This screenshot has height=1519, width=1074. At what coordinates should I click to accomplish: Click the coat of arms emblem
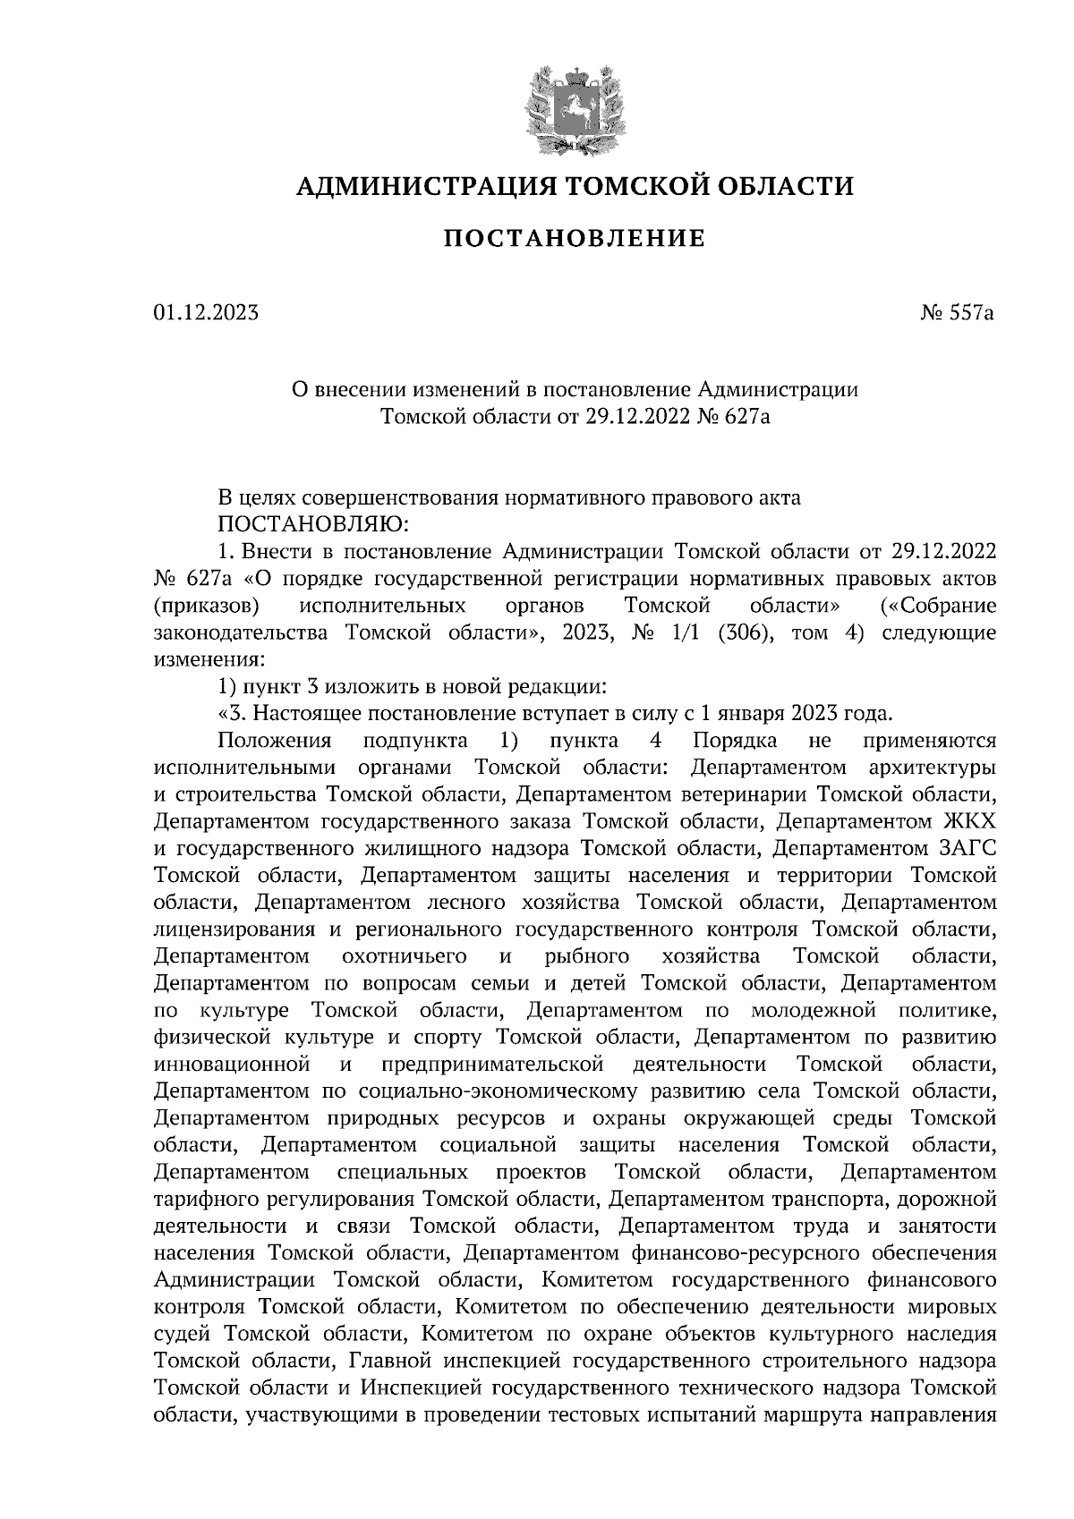tap(573, 105)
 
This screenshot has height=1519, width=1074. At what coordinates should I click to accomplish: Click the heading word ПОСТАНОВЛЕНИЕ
tap(575, 239)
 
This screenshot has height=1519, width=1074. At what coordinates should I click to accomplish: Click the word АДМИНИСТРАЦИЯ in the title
tap(417, 186)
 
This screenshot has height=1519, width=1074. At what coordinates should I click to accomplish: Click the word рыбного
tap(586, 956)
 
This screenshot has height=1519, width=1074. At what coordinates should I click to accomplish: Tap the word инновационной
tap(232, 1065)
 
